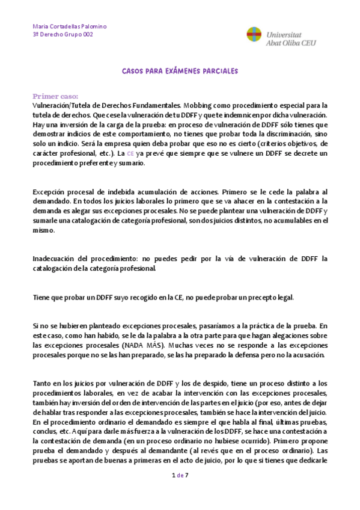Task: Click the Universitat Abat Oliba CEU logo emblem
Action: (254, 34)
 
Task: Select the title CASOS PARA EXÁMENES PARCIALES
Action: (180, 70)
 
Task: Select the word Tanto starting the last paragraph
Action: (43, 384)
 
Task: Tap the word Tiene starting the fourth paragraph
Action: (41, 297)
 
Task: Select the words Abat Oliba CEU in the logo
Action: (291, 43)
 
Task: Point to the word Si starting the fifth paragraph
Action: (35, 326)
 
